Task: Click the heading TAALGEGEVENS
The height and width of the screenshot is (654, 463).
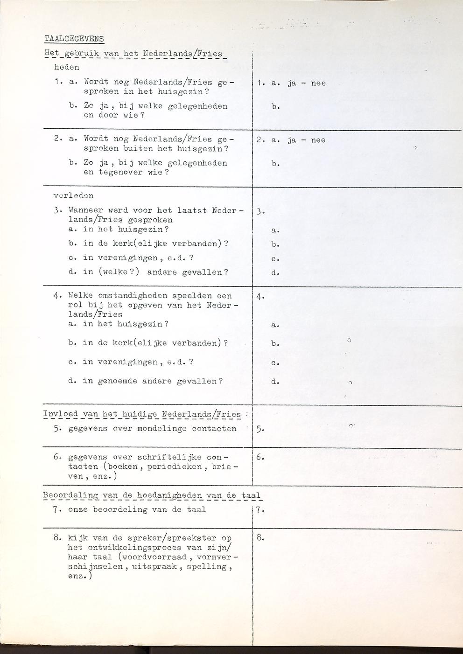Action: (x=74, y=38)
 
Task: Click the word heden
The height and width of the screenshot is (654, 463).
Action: (x=67, y=67)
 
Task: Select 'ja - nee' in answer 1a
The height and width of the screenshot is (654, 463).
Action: (x=307, y=83)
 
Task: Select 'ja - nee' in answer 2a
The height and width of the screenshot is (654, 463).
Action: (x=307, y=140)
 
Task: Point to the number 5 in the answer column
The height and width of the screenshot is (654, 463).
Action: (x=260, y=429)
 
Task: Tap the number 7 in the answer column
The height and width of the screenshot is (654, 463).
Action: (x=260, y=509)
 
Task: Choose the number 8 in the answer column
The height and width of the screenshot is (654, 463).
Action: (x=260, y=538)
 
